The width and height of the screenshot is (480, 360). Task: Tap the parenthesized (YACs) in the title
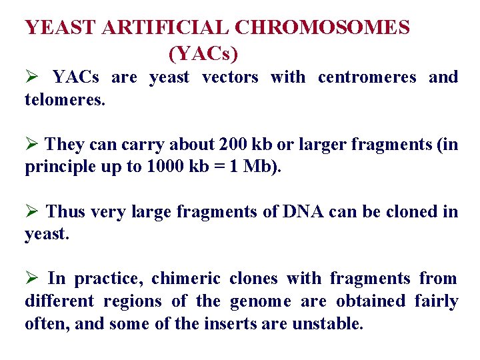[x=203, y=51]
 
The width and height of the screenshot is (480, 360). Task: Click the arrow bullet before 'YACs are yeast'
[x=31, y=77]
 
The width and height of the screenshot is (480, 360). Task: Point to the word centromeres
[x=367, y=77]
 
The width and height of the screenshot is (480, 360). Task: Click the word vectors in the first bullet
[x=229, y=77]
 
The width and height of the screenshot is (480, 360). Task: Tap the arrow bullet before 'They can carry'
[x=31, y=145]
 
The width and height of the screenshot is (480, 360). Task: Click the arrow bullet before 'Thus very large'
[x=31, y=212]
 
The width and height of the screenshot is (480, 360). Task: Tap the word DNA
[x=302, y=212]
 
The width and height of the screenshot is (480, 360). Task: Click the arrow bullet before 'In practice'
[x=31, y=279]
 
